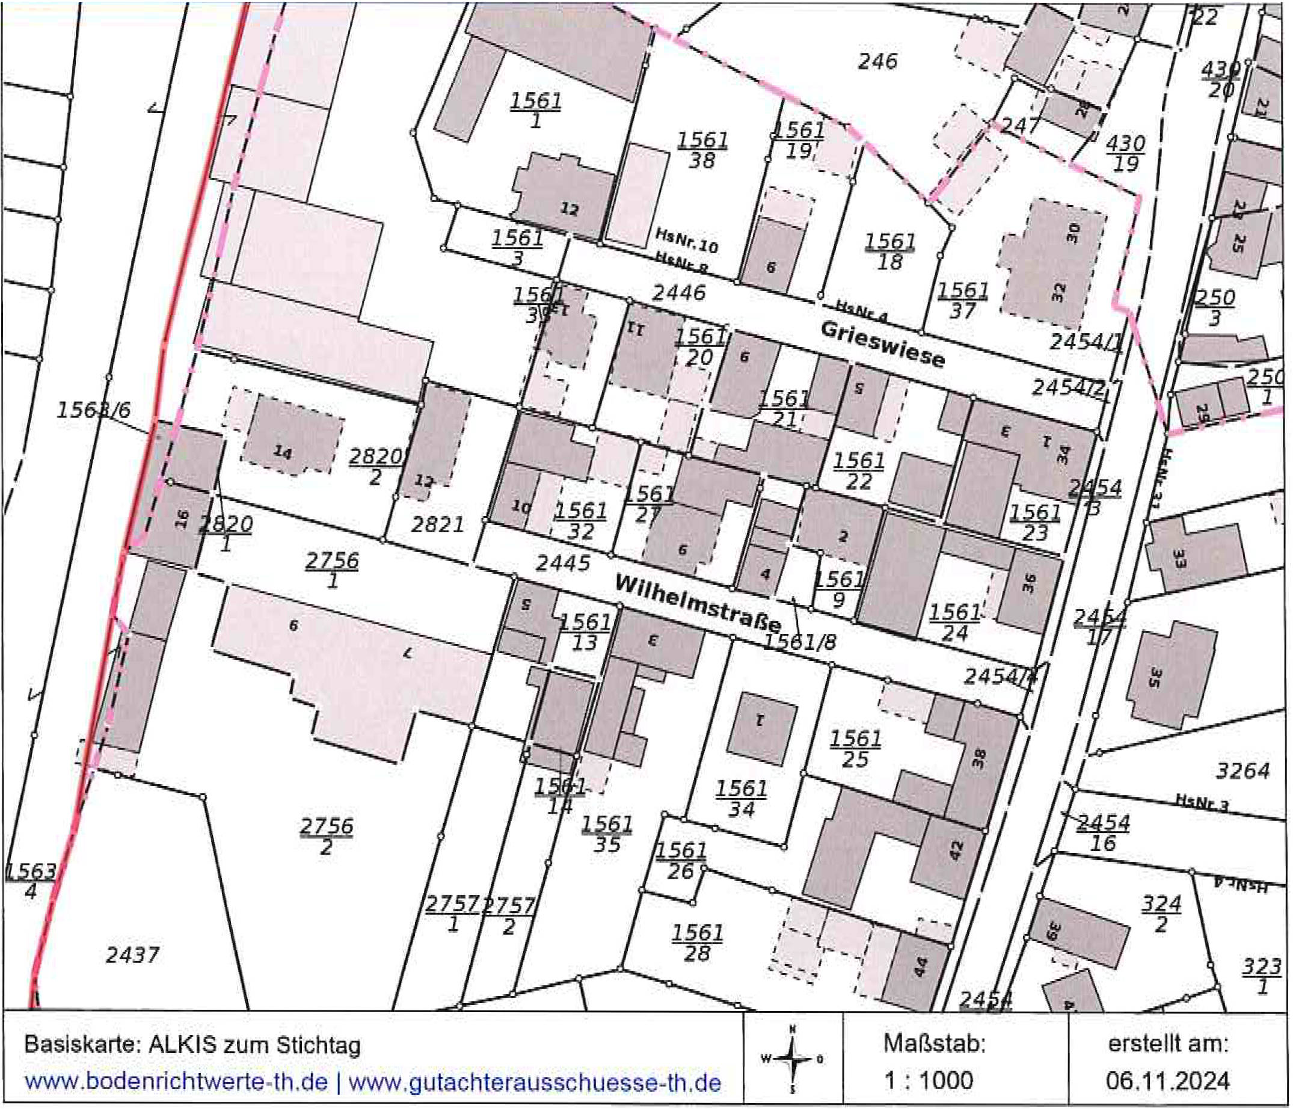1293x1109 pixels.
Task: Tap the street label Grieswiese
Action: click(x=882, y=345)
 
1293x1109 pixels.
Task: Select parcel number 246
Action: click(x=877, y=61)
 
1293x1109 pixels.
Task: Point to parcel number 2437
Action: click(x=132, y=954)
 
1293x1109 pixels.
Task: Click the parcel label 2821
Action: click(x=437, y=524)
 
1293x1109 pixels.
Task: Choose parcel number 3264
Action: click(x=1242, y=772)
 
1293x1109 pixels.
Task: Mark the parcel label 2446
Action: click(x=678, y=293)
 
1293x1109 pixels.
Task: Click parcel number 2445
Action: click(x=562, y=563)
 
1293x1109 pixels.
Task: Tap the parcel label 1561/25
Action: click(x=855, y=749)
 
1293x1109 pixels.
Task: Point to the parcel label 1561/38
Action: click(x=702, y=150)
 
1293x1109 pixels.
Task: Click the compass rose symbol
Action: click(x=793, y=1059)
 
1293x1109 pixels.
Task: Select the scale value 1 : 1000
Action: click(x=928, y=1080)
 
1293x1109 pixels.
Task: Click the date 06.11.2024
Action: click(x=1167, y=1080)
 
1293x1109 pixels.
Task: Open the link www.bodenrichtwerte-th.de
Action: click(x=176, y=1081)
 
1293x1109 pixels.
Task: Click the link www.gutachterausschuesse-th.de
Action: click(x=534, y=1081)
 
